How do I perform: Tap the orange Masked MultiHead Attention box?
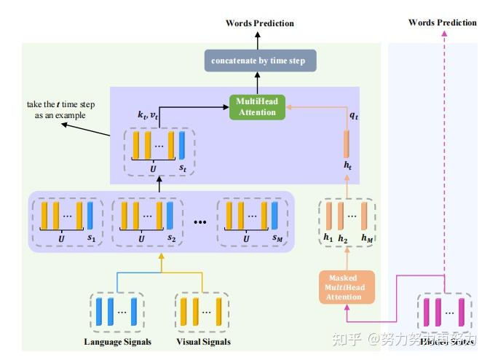click(x=347, y=286)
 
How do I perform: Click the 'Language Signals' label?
click(x=116, y=342)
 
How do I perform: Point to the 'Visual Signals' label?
click(x=203, y=342)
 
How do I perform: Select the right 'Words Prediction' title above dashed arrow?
click(x=442, y=23)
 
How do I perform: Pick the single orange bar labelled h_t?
click(x=347, y=143)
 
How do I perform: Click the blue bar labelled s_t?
click(x=182, y=144)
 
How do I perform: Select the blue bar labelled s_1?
click(x=90, y=215)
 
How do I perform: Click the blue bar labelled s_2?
click(x=170, y=215)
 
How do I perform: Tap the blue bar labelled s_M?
click(x=275, y=215)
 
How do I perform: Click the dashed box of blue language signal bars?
click(x=116, y=311)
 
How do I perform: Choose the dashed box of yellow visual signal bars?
click(x=202, y=311)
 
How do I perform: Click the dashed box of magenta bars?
click(x=443, y=311)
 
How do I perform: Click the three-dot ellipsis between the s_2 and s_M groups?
click(x=200, y=221)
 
